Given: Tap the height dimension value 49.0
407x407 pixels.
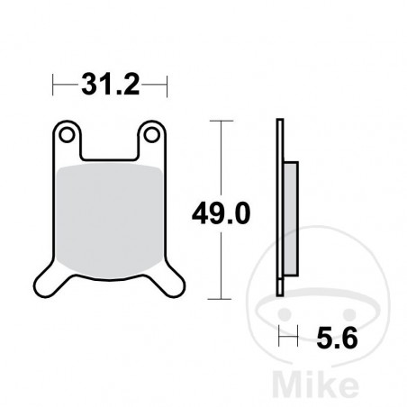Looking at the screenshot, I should (220, 214).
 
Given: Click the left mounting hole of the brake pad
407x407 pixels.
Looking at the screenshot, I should (65, 135).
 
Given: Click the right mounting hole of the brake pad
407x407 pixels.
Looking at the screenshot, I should (151, 135).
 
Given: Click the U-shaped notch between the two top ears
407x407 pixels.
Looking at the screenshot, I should (108, 144).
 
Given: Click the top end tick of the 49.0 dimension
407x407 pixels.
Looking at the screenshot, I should (219, 119).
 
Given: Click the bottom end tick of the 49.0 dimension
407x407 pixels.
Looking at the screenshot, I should (219, 298).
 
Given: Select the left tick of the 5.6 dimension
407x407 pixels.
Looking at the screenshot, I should (280, 339).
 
